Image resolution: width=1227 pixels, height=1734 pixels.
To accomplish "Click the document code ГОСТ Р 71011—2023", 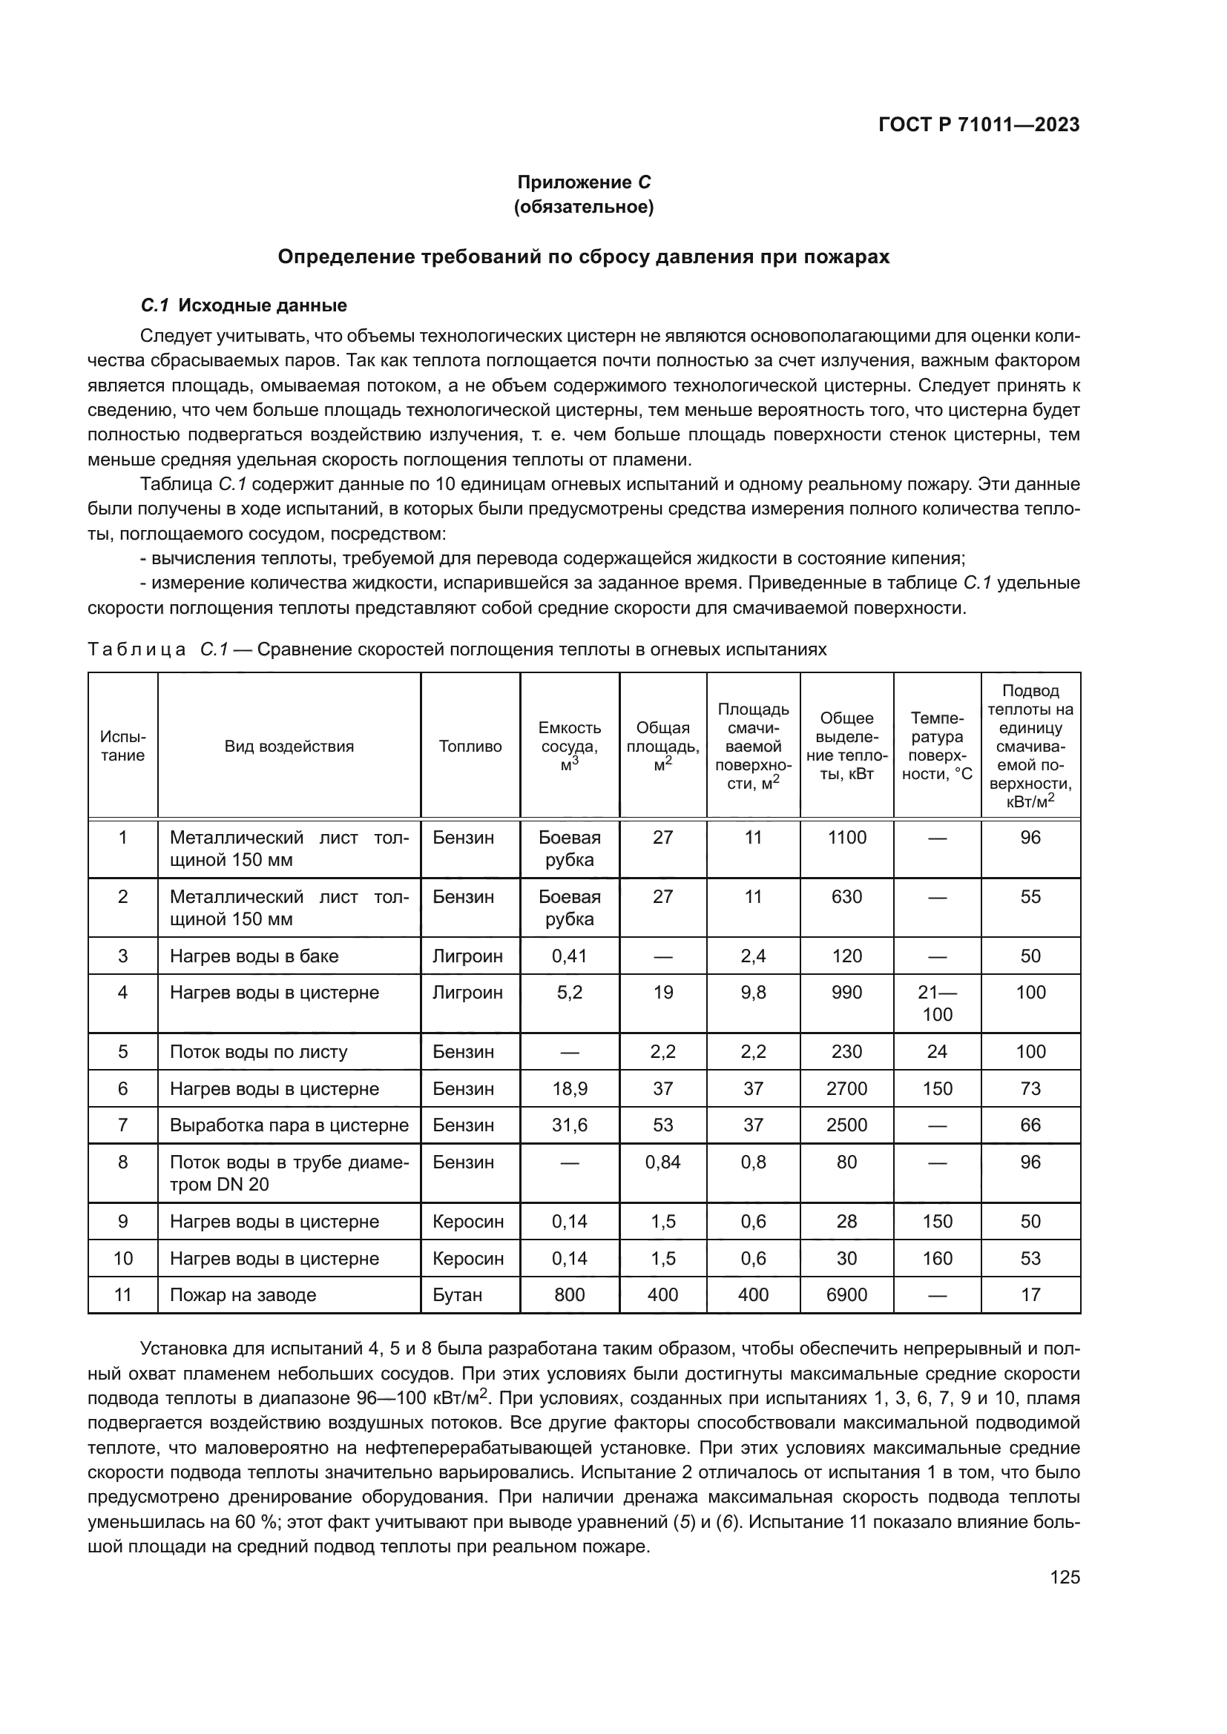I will pyautogui.click(x=979, y=125).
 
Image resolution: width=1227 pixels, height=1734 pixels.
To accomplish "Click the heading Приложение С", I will pyautogui.click(x=583, y=182).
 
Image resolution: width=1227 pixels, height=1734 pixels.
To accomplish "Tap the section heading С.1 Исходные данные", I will pyautogui.click(x=244, y=305).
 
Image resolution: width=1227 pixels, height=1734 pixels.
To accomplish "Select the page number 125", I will pyautogui.click(x=1065, y=1577).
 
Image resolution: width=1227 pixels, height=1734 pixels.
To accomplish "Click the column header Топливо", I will pyautogui.click(x=470, y=747).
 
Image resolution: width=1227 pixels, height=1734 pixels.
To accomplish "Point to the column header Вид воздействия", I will pyautogui.click(x=289, y=747).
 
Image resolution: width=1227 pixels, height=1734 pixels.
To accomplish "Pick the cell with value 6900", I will pyautogui.click(x=846, y=1294).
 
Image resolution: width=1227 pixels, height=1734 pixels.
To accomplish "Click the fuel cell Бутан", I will pyautogui.click(x=457, y=1294).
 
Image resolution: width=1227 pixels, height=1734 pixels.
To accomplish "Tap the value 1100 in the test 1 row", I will pyautogui.click(x=846, y=837).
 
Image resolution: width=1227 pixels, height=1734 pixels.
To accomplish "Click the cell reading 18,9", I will pyautogui.click(x=569, y=1088).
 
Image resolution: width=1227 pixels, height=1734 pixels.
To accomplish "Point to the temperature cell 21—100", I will pyautogui.click(x=937, y=1003).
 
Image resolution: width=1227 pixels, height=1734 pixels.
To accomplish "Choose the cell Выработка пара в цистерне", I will pyautogui.click(x=289, y=1125).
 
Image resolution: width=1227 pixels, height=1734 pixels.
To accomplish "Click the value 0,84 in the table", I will pyautogui.click(x=662, y=1162).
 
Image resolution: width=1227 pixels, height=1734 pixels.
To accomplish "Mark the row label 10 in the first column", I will pyautogui.click(x=122, y=1258).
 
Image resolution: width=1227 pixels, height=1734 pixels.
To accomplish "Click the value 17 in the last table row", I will pyautogui.click(x=1030, y=1294).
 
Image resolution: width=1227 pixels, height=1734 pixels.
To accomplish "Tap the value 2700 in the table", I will pyautogui.click(x=846, y=1088).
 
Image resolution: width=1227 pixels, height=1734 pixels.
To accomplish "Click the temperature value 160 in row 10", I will pyautogui.click(x=937, y=1258).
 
